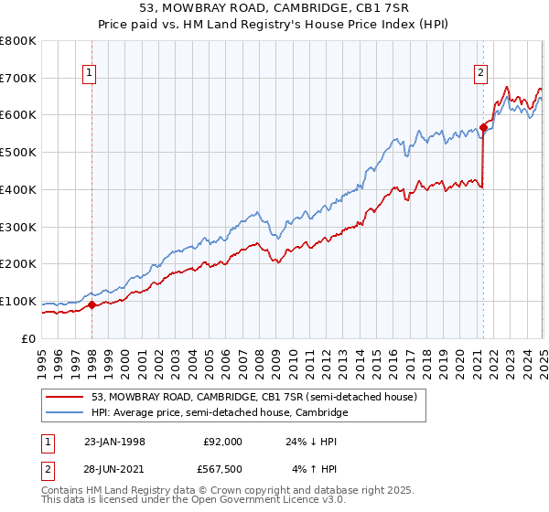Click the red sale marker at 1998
92,304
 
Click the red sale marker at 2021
483,126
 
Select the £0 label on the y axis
29,338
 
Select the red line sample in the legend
66,398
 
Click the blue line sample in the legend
66,413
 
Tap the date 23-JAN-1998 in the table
113,442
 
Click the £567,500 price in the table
222,469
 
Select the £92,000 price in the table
222,442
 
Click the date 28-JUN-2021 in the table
113,469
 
